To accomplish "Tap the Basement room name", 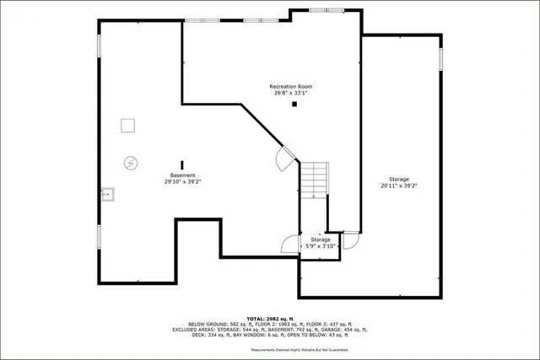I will coord(182,175).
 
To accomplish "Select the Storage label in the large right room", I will coord(399,180).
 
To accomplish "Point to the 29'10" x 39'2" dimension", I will coord(182,181).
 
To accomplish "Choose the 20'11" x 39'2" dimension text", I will coord(399,185).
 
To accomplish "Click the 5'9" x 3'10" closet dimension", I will coord(321,246).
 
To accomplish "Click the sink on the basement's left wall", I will coord(107,195).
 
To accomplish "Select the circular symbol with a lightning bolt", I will coord(131,162).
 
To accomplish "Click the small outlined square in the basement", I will coord(127,125).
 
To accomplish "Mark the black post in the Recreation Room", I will coord(294,105).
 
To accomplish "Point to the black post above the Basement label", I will coord(181,164).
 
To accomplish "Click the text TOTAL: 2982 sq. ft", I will coord(270,316).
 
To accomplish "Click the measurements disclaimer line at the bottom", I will coord(300,349).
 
